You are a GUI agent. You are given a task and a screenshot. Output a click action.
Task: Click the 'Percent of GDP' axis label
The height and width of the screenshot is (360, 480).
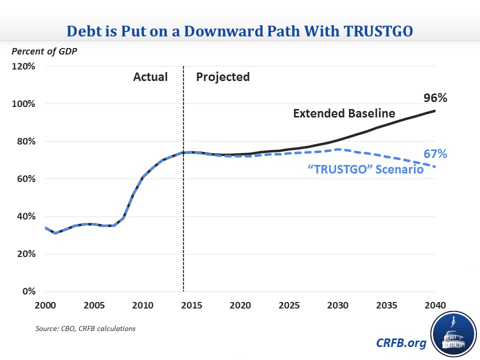click(45, 51)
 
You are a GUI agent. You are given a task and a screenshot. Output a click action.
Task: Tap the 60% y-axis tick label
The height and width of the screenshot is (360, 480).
click(24, 179)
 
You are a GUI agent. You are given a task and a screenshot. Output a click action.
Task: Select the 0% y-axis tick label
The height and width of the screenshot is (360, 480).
click(27, 291)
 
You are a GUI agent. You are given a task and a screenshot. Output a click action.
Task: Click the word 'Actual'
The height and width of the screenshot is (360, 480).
click(150, 77)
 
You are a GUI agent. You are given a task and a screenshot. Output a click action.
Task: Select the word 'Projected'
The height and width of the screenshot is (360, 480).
click(222, 77)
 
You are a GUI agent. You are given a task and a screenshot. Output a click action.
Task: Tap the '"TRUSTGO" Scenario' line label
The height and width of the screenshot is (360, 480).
click(365, 170)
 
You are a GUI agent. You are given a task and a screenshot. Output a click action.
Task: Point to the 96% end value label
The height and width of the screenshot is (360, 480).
click(435, 98)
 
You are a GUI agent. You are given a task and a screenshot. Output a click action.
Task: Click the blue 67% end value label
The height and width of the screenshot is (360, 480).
click(435, 154)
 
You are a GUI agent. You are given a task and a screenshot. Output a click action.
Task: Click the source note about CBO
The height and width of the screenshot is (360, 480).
click(85, 328)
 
